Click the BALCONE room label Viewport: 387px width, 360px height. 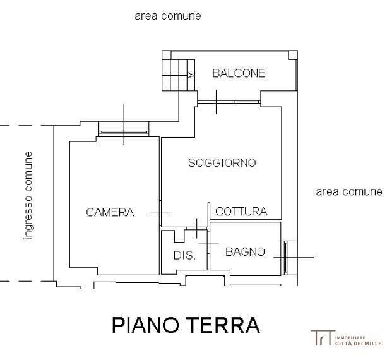[x=239, y=73]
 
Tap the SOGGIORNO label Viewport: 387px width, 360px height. [x=222, y=163]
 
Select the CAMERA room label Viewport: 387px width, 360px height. [x=110, y=212]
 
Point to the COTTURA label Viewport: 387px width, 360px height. [x=241, y=212]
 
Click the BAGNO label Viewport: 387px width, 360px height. [x=245, y=251]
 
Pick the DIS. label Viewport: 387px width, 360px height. [x=184, y=256]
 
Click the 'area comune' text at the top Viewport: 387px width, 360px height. [x=168, y=16]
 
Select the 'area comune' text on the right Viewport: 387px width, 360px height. [x=348, y=191]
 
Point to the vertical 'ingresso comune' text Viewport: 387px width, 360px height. [x=28, y=195]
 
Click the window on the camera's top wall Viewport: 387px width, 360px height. [x=124, y=133]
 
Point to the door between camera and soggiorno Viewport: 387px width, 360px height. [x=160, y=213]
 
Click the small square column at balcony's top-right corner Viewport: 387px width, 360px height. [x=292, y=56]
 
